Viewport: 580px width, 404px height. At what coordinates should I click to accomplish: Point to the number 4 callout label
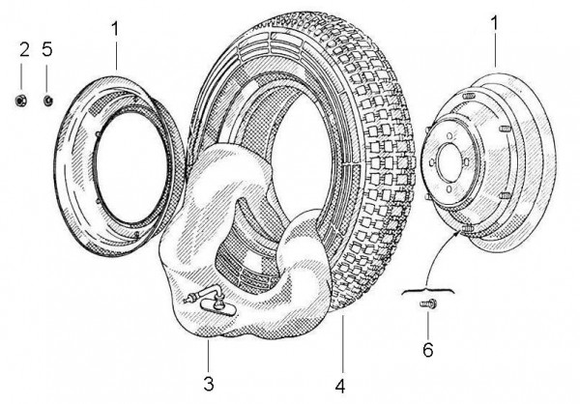pyautogui.click(x=340, y=386)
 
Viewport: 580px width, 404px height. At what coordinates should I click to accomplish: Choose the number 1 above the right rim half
pyautogui.click(x=495, y=21)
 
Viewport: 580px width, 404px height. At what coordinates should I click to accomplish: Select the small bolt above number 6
pyautogui.click(x=429, y=305)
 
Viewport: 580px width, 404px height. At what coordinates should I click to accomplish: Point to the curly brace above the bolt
pyautogui.click(x=428, y=286)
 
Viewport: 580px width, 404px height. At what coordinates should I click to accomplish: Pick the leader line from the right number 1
pyautogui.click(x=495, y=53)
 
